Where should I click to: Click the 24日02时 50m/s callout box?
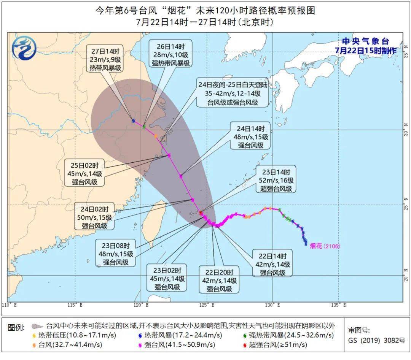tap(94, 217)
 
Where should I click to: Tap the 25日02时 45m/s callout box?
tap(84, 173)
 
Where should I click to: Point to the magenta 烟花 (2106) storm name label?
tap(325, 246)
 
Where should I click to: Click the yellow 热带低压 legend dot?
tap(35, 335)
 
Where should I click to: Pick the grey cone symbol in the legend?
tap(37, 326)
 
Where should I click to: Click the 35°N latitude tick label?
tap(406, 56)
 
